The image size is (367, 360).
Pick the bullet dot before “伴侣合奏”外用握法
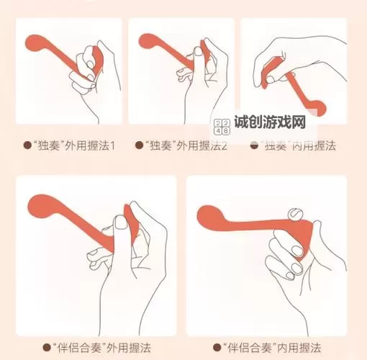tap(47, 348)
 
